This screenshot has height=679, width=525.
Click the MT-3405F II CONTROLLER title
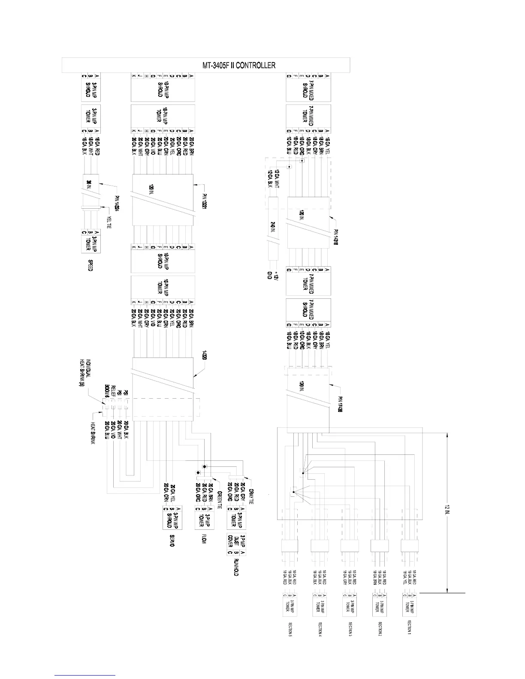pyautogui.click(x=238, y=65)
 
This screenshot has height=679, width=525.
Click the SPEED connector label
pyautogui.click(x=90, y=264)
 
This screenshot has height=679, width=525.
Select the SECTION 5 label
pyautogui.click(x=290, y=628)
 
